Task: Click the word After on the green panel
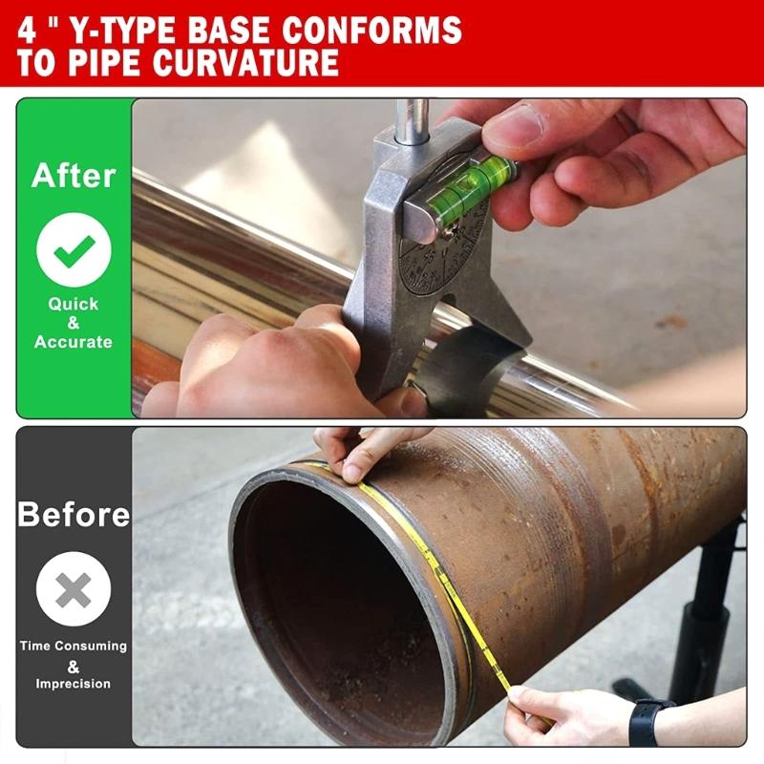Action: (x=74, y=176)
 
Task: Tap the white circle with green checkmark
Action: (x=74, y=251)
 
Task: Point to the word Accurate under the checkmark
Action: (x=74, y=342)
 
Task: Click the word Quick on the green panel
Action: (x=74, y=304)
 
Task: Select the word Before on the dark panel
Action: (x=74, y=515)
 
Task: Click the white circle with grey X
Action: (x=74, y=589)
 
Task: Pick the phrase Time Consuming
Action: (x=74, y=646)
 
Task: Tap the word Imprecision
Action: (x=74, y=684)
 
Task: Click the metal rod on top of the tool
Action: (x=414, y=120)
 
